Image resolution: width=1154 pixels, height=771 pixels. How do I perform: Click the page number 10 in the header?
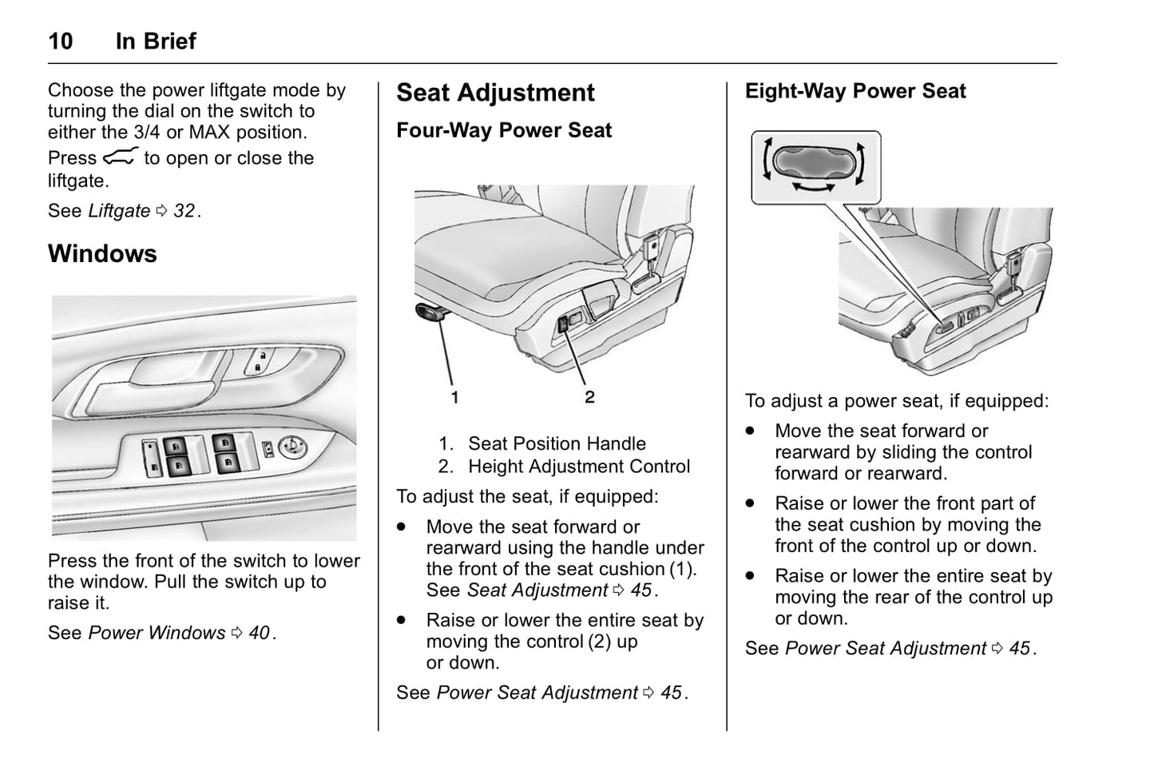pos(61,42)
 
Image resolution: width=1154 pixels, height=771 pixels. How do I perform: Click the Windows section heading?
pos(102,254)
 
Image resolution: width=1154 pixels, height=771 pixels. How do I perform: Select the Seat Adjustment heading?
pos(495,93)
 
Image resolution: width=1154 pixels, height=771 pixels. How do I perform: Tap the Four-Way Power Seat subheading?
pos(504,131)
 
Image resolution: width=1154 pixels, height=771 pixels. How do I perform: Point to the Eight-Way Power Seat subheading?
pos(855,91)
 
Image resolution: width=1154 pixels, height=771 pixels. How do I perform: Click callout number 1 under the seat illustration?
pos(454,396)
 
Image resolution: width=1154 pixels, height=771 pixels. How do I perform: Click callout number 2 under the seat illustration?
pos(589,396)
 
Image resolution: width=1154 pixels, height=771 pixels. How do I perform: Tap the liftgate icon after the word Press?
pos(120,157)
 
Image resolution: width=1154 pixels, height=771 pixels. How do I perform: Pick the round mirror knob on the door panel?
pos(292,447)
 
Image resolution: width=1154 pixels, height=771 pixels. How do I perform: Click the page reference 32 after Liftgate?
pos(184,211)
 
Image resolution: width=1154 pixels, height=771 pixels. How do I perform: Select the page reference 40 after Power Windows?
pos(259,633)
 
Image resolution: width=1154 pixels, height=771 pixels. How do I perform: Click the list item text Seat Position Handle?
pos(557,443)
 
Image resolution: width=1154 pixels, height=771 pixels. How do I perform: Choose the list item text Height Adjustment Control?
pos(579,467)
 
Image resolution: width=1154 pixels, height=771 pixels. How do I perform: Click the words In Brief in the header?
pos(156,42)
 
